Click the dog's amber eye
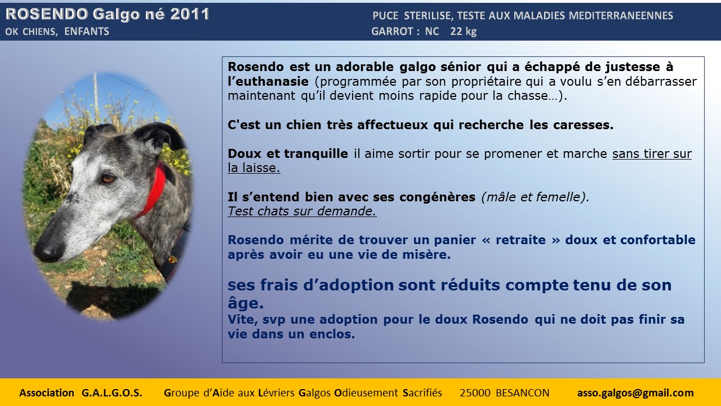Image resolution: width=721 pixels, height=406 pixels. (109, 178)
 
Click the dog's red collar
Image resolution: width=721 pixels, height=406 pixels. (154, 190)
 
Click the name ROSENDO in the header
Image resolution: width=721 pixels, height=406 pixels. (47, 14)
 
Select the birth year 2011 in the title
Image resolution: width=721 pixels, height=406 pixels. (190, 14)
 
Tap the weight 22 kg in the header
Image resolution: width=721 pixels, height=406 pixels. (463, 32)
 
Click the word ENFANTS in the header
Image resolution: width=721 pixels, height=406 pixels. (87, 32)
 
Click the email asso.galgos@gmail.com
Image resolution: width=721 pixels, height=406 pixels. (635, 393)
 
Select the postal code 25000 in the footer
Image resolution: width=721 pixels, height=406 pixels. (475, 393)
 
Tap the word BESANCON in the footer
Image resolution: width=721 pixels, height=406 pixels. (522, 393)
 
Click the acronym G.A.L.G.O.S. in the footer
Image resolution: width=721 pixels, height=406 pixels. (112, 393)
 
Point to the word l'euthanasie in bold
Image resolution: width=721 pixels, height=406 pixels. (268, 81)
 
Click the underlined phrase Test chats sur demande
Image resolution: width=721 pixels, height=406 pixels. (302, 211)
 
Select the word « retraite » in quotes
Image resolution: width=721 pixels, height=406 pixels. (521, 240)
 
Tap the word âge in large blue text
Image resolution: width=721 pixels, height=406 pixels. (246, 303)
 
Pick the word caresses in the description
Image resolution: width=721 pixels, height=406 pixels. (583, 125)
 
